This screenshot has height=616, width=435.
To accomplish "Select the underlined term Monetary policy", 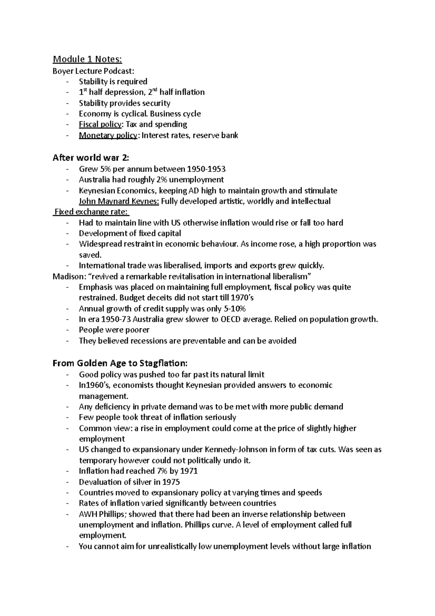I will [108, 135].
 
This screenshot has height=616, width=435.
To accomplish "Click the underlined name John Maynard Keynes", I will [119, 201].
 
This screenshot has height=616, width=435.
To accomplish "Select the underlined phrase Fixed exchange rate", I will [91, 212].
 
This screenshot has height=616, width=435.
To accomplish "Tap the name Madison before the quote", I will [68, 276].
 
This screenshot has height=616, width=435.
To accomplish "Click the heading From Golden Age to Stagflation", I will [120, 363].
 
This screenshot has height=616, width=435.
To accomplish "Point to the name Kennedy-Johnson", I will [236, 449].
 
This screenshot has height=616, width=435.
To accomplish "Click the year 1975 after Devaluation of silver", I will [171, 482].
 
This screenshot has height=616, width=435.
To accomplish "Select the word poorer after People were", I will [137, 330].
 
